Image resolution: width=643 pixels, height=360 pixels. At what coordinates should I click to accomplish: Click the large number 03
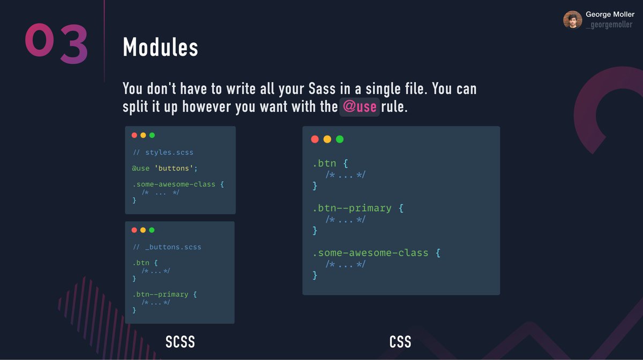[x=56, y=43]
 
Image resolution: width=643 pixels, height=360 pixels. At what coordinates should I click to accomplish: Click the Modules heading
[x=160, y=48]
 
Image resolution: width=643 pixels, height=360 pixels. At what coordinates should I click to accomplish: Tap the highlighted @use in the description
[x=360, y=106]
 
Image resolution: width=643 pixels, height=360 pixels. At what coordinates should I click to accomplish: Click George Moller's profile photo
[x=572, y=20]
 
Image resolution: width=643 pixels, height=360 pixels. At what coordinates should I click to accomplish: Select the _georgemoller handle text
[x=609, y=25]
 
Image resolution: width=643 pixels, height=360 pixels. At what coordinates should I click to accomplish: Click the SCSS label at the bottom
[x=180, y=342]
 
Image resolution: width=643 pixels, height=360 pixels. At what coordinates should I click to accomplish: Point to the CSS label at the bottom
[x=400, y=342]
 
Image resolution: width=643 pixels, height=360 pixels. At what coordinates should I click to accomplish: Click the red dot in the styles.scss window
[x=134, y=136]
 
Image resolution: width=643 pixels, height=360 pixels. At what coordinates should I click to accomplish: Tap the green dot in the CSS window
[x=340, y=139]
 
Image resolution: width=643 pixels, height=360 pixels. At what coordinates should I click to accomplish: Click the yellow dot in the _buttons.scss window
[x=143, y=230]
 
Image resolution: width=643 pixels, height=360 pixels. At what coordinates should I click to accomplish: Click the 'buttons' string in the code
[x=176, y=168]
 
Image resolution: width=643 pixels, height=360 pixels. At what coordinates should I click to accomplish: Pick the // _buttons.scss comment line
[x=167, y=247]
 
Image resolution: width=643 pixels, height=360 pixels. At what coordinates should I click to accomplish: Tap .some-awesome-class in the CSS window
[x=370, y=252]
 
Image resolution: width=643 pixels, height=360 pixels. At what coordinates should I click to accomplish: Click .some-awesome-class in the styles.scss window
[x=174, y=184]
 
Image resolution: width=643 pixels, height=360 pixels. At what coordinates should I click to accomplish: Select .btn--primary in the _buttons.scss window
[x=160, y=294]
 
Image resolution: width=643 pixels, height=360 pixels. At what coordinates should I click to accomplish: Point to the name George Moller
[x=610, y=14]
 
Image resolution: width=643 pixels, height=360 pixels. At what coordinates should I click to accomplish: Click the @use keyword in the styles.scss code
[x=141, y=168]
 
